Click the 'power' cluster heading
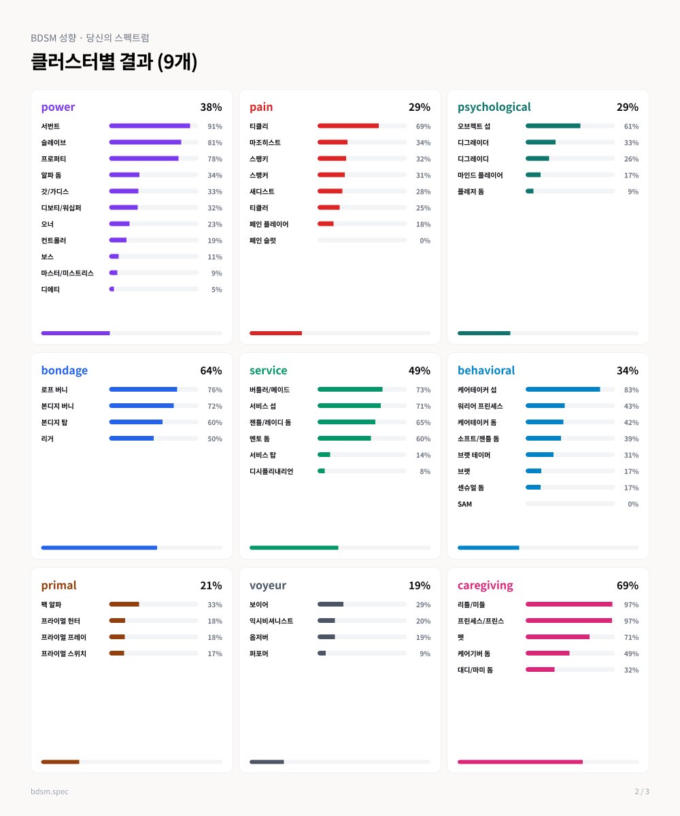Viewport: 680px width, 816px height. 58,107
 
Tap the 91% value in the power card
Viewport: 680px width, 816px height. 215,126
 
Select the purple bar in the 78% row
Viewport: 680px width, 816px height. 143,158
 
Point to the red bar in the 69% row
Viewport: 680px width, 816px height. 347,126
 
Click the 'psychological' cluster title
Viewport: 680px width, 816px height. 494,107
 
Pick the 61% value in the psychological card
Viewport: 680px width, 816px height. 631,126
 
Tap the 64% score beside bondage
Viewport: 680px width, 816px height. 211,371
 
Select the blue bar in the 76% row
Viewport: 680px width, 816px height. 143,389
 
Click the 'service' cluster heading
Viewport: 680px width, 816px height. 268,371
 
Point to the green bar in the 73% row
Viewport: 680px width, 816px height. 350,389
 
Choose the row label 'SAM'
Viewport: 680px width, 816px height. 464,504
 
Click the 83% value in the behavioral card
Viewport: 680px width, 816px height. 631,390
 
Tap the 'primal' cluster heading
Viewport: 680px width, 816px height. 58,585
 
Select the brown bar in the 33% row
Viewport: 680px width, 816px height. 124,605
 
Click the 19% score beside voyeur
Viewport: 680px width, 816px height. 420,585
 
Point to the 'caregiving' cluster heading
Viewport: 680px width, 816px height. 485,585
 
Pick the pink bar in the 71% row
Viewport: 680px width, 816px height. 558,637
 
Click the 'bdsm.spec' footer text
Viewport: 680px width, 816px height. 49,792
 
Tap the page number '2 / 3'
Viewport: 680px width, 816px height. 642,792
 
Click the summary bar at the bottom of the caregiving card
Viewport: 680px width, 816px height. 520,762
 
